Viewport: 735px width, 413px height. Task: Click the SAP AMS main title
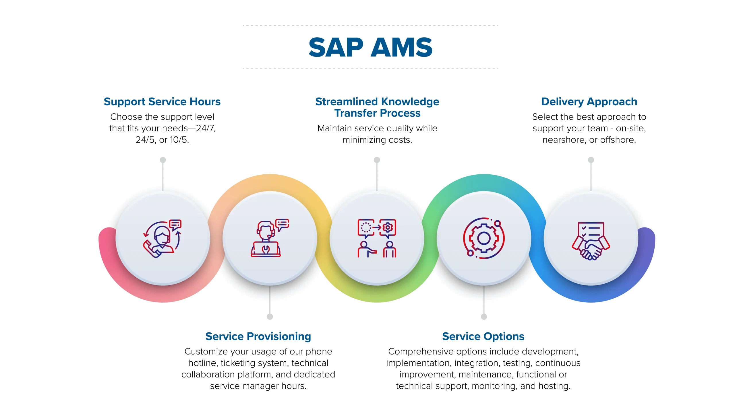point(370,47)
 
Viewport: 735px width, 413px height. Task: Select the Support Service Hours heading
point(162,102)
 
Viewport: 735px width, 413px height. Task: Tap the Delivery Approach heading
point(589,102)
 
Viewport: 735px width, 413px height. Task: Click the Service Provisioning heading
point(258,336)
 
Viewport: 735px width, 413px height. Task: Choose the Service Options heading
point(483,336)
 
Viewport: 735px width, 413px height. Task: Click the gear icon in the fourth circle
point(484,238)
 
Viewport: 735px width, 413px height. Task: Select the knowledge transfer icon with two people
point(377,238)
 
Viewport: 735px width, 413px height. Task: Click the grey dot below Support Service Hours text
point(163,160)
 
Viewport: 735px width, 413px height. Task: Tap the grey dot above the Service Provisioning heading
point(270,317)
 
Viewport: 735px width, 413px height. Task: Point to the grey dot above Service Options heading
point(484,317)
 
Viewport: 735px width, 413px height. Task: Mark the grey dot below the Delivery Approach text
point(591,160)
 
